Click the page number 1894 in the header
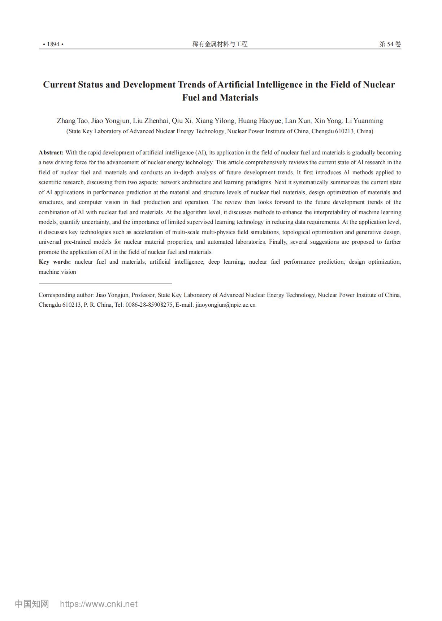point(53,44)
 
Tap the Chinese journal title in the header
point(220,44)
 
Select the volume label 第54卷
point(390,44)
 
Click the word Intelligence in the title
point(279,85)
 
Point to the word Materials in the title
point(239,98)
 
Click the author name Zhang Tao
point(72,121)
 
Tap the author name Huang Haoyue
point(259,121)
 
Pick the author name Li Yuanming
point(364,121)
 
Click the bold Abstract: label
point(51,153)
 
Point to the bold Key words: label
point(55,262)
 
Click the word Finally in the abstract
point(278,242)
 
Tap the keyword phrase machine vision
point(57,272)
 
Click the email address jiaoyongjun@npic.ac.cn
point(225,305)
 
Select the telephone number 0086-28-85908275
point(149,305)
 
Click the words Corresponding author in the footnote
point(66,295)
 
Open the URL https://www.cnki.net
point(99,604)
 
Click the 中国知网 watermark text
point(32,604)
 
